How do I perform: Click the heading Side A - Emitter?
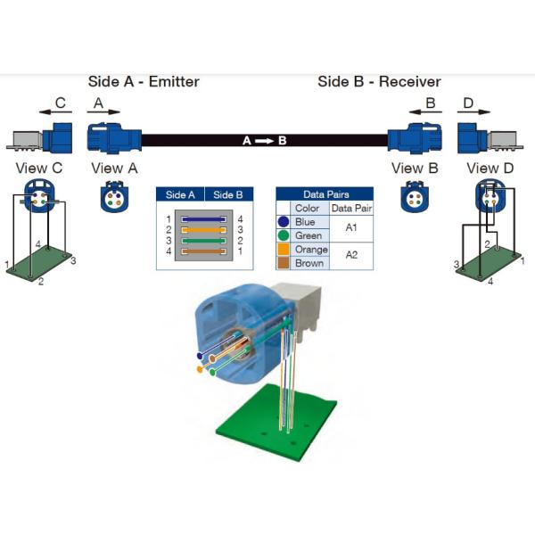tap(144, 82)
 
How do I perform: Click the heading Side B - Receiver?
tap(379, 82)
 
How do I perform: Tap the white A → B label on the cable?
tap(265, 141)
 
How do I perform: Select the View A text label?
tap(114, 168)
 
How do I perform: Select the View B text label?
tap(414, 168)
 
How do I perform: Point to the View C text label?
tap(38, 168)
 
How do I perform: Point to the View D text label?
tap(490, 168)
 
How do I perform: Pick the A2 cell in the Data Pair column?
tap(350, 256)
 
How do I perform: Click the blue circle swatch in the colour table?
tap(283, 222)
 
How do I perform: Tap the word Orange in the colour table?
tap(312, 250)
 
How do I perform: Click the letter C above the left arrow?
tap(60, 103)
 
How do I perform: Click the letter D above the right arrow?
tap(468, 103)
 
